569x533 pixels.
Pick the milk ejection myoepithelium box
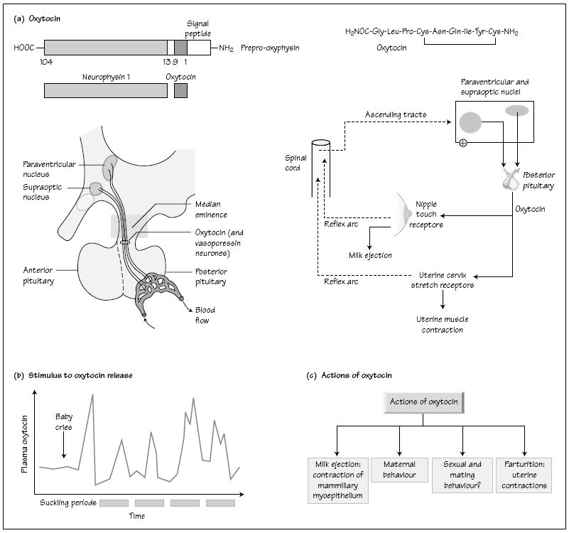click(337, 480)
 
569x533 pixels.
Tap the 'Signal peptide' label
click(188, 28)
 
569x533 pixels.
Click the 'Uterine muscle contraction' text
click(445, 324)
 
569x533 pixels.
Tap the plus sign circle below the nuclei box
click(463, 144)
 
